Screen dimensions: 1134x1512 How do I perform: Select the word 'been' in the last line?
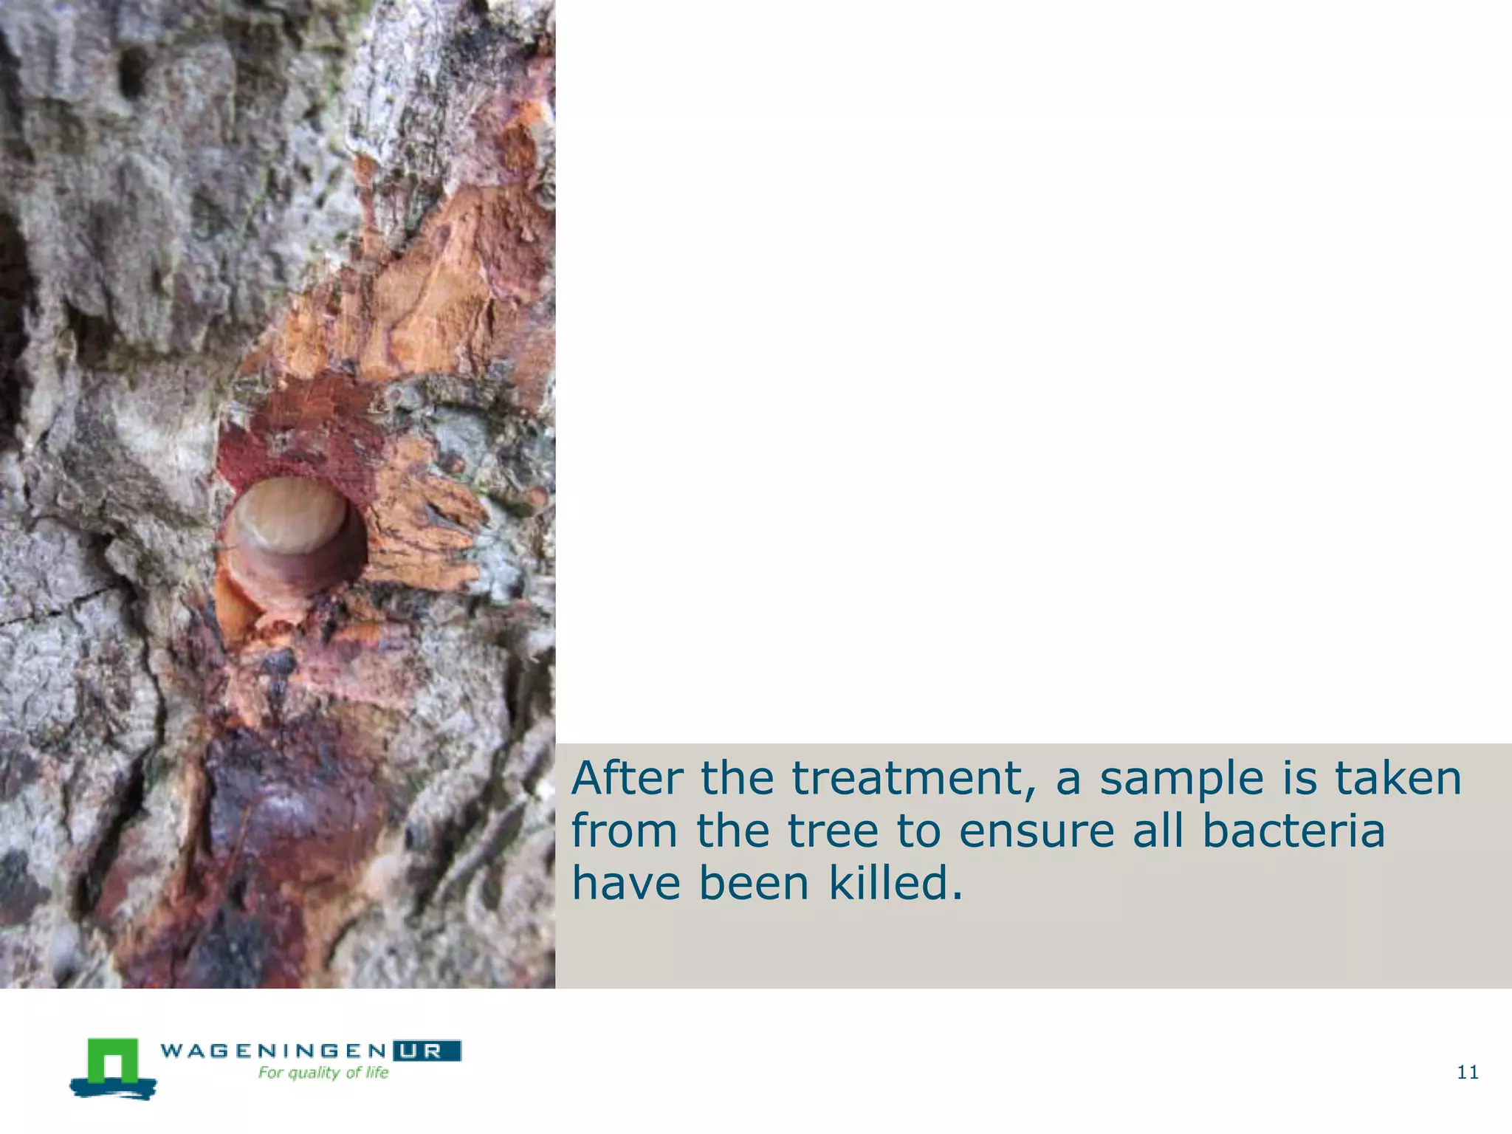click(754, 883)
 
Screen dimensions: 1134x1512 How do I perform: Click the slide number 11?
click(1468, 1073)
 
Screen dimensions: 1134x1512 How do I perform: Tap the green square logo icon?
click(113, 1064)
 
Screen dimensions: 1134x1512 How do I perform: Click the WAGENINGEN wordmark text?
click(273, 1051)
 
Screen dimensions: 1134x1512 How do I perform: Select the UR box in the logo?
click(427, 1051)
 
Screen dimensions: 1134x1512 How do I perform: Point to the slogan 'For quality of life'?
click(323, 1073)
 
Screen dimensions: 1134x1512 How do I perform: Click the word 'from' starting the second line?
click(625, 831)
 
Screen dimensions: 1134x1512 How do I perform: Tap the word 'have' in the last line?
click(626, 883)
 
